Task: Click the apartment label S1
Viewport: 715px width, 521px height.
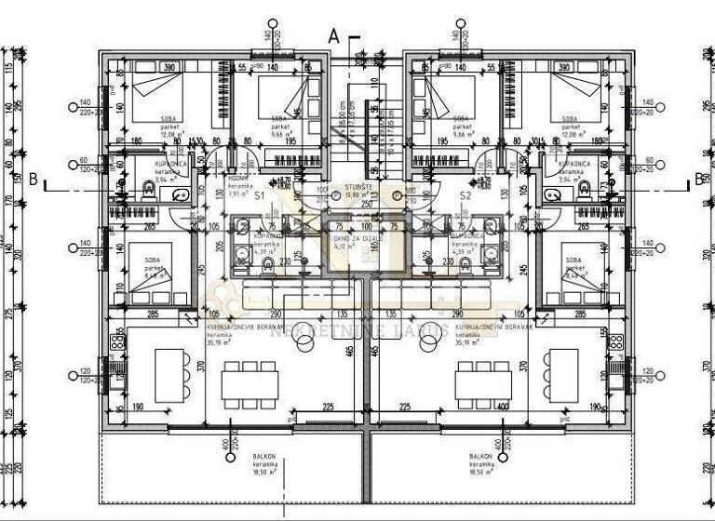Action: point(260,197)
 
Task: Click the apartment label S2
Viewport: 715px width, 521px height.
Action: point(465,197)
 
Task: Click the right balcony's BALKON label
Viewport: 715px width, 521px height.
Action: point(480,458)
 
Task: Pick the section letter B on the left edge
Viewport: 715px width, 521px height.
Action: point(33,180)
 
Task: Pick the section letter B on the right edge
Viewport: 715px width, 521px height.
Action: point(700,180)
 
